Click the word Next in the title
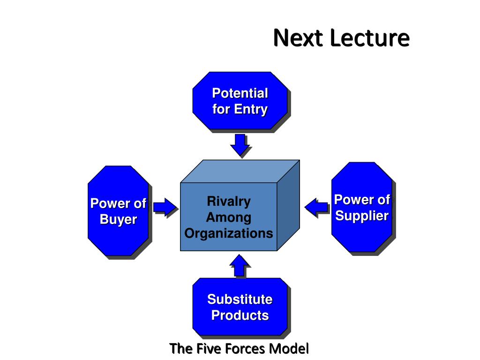(298, 37)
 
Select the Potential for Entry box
(240, 101)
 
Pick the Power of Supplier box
(362, 207)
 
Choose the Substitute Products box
(240, 307)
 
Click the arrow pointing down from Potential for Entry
(240, 145)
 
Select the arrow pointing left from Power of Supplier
(316, 207)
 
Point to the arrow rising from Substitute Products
(240, 266)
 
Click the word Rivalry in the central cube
(229, 202)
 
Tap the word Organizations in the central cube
(229, 233)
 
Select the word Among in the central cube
(229, 217)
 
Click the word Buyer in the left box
(119, 219)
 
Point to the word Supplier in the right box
(362, 216)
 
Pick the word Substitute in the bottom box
(240, 300)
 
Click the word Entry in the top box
(251, 109)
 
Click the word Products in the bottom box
(240, 315)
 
